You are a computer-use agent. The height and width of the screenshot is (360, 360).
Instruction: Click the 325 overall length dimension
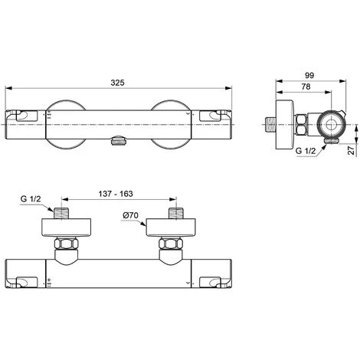(x=117, y=83)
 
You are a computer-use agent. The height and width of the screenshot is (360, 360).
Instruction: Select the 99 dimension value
(x=309, y=76)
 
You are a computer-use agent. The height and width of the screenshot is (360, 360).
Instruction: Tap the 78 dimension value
(x=306, y=87)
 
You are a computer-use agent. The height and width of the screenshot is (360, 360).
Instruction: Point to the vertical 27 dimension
(x=352, y=150)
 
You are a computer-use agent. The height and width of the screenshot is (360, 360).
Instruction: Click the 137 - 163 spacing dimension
(x=116, y=194)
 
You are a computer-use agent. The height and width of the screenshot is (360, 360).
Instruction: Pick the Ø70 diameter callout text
(x=130, y=215)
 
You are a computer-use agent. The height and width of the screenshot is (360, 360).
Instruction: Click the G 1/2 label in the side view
(x=306, y=151)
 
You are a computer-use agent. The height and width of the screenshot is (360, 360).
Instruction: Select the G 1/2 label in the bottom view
(x=31, y=199)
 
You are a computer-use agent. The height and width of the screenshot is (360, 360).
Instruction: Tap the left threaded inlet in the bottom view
(x=61, y=214)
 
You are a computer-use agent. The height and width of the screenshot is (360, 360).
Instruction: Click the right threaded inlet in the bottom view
(x=176, y=214)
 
